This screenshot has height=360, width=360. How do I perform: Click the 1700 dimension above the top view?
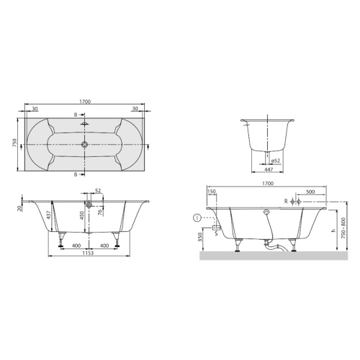coord(84,104)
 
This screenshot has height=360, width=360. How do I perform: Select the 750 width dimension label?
coord(14,142)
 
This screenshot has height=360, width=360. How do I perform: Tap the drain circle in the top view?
coord(84,143)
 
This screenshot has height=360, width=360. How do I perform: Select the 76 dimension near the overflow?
coord(98,211)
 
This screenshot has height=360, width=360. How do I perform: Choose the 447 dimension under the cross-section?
coord(268,170)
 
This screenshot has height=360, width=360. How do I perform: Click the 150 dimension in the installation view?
coord(211,192)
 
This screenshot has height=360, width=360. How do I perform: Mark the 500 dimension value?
coord(309,192)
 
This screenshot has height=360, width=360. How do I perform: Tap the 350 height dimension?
coord(199,237)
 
